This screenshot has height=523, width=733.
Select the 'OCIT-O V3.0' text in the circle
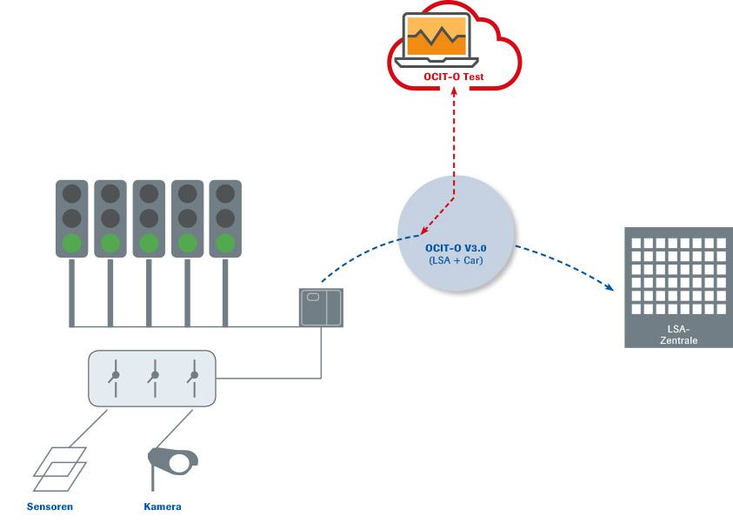tap(456, 248)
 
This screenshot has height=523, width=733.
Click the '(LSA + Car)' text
tap(456, 261)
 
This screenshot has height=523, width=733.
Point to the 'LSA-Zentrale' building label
tap(678, 335)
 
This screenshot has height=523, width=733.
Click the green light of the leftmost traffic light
tap(72, 241)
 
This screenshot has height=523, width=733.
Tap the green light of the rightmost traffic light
tap(225, 241)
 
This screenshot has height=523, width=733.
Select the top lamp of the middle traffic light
tap(149, 192)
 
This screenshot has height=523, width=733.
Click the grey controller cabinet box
tap(321, 307)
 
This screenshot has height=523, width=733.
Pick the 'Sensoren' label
tap(50, 506)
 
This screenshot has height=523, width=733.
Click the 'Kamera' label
tap(163, 506)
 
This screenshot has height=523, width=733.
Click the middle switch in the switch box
tap(154, 377)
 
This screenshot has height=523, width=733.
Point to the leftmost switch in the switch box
tap(114, 377)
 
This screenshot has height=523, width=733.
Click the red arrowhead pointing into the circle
tap(420, 233)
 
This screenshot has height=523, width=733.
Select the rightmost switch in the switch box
tap(192, 377)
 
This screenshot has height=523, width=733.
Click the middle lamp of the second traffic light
tap(110, 217)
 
